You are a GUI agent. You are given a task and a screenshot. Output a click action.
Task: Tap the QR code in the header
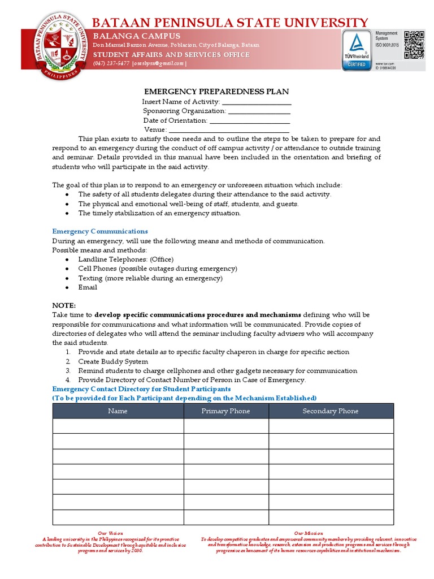tap(414, 45)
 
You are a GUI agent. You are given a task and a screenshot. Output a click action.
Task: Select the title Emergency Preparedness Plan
tap(217, 92)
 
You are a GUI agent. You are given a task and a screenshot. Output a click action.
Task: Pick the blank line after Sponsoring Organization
tap(259, 111)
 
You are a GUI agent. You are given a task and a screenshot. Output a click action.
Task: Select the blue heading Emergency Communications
tap(100, 231)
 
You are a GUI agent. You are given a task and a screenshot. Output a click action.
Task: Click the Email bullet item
tap(88, 287)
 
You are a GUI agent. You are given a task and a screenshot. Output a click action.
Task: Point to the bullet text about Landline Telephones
tap(125, 260)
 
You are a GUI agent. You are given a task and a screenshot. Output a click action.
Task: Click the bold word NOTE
tap(64, 305)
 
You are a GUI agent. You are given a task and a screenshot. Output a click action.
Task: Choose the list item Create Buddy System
tap(113, 361)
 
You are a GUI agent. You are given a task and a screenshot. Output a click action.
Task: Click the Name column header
tap(118, 411)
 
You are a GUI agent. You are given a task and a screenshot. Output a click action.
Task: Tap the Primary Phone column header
tap(225, 411)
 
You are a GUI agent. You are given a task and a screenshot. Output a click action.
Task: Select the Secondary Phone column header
tap(331, 411)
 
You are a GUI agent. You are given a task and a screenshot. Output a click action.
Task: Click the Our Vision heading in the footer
tap(110, 533)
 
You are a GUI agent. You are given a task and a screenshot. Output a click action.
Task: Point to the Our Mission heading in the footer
tap(309, 533)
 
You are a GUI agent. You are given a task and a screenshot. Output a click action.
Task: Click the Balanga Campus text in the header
tap(137, 36)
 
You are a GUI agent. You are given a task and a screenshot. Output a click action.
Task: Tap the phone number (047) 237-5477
tap(111, 63)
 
